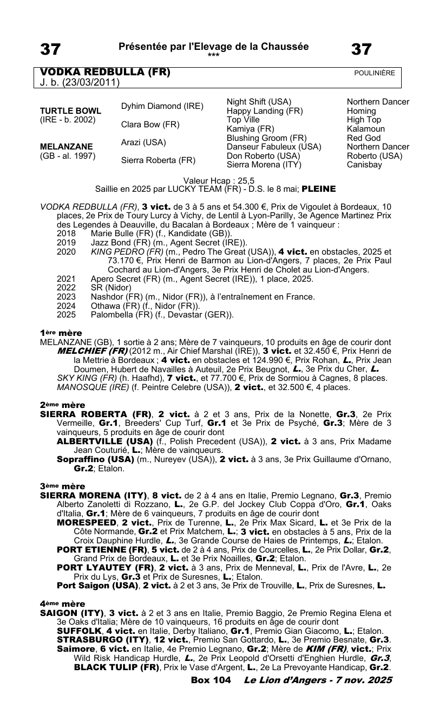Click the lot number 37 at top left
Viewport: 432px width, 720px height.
50,50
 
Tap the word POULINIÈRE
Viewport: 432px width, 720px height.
374,73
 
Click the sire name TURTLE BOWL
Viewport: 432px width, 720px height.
70,111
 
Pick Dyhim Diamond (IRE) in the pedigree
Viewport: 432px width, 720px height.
162,107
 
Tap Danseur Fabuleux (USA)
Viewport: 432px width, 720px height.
274,147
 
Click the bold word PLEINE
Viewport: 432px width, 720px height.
318,189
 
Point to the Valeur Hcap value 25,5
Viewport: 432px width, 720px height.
245,181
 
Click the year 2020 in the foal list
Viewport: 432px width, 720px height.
67,251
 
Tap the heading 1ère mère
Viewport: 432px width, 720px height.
61,333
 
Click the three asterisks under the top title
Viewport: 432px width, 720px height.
213,55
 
